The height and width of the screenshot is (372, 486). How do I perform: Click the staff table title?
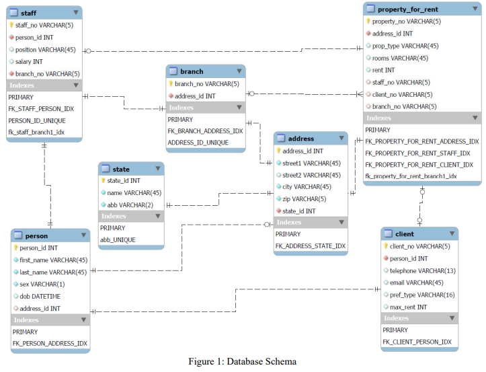29,13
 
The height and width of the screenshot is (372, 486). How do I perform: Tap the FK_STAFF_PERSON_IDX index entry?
41,108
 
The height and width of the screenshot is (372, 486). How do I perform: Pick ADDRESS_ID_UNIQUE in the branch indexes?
198,143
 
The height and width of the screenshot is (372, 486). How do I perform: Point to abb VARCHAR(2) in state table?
130,204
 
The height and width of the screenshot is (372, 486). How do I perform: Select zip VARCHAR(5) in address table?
304,198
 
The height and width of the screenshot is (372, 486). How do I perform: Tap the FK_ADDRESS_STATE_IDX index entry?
310,246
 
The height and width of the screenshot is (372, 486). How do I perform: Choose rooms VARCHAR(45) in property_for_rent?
400,58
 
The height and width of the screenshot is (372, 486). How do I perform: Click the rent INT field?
383,70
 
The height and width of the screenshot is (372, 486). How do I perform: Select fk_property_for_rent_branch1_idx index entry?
411,176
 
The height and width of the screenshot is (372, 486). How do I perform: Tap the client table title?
405,234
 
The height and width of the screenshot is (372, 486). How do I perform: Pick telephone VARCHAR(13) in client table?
422,270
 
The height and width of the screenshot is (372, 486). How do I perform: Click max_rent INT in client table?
408,307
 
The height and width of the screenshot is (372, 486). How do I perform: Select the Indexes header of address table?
289,222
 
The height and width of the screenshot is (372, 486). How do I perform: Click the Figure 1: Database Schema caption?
242,362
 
